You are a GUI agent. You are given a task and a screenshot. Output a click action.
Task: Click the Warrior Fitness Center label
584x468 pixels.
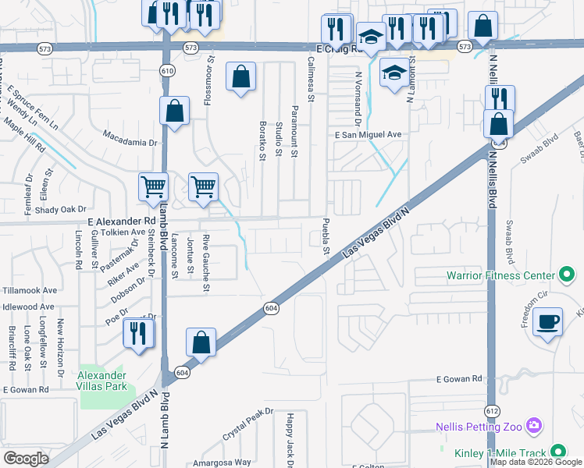(x=500, y=275)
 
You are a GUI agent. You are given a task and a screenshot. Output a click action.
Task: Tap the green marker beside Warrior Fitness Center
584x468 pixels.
(x=568, y=275)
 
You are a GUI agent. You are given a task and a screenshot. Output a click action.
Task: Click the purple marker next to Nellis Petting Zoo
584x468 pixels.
(x=534, y=426)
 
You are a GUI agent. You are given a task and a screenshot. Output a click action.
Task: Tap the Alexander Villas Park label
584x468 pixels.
(x=101, y=380)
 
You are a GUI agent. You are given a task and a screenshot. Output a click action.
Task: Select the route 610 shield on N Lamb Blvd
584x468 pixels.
(x=166, y=70)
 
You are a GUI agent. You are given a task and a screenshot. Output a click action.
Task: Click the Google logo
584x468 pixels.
(x=26, y=459)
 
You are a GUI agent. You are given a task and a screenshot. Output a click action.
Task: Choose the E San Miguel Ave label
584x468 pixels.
(x=368, y=135)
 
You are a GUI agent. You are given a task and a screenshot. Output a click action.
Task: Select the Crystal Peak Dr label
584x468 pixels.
(x=248, y=422)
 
